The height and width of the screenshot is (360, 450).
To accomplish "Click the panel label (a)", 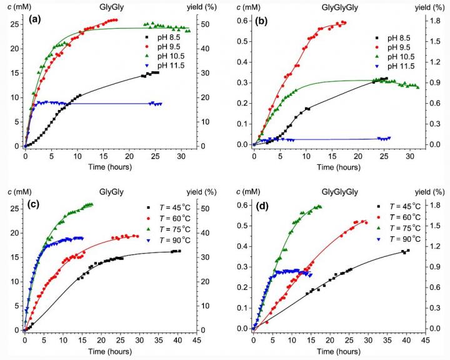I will [36, 19].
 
